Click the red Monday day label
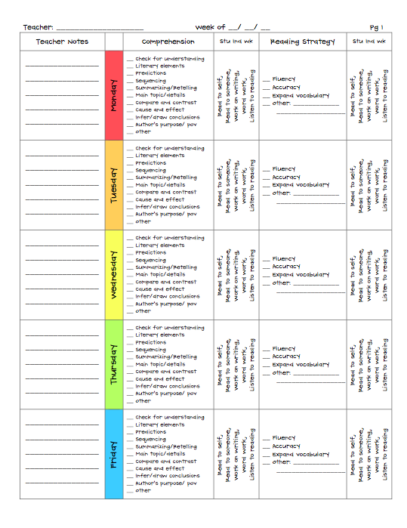pyautogui.click(x=114, y=95)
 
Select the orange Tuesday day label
pyautogui.click(x=114, y=185)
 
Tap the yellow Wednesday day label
pyautogui.click(x=114, y=275)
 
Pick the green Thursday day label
pyautogui.click(x=114, y=365)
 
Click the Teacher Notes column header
pyautogui.click(x=62, y=42)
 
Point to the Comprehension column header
pyautogui.click(x=168, y=42)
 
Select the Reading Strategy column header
pyautogui.click(x=302, y=42)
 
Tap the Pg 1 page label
pyautogui.click(x=377, y=27)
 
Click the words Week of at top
pyautogui.click(x=211, y=27)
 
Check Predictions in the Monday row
pyautogui.click(x=150, y=73)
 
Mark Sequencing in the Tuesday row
pyautogui.click(x=150, y=171)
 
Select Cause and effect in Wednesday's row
pyautogui.click(x=159, y=289)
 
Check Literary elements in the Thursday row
pyautogui.click(x=159, y=335)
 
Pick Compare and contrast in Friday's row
pyautogui.click(x=165, y=462)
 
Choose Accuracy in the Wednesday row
pyautogui.click(x=286, y=267)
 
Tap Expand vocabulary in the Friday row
pyautogui.click(x=301, y=455)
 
